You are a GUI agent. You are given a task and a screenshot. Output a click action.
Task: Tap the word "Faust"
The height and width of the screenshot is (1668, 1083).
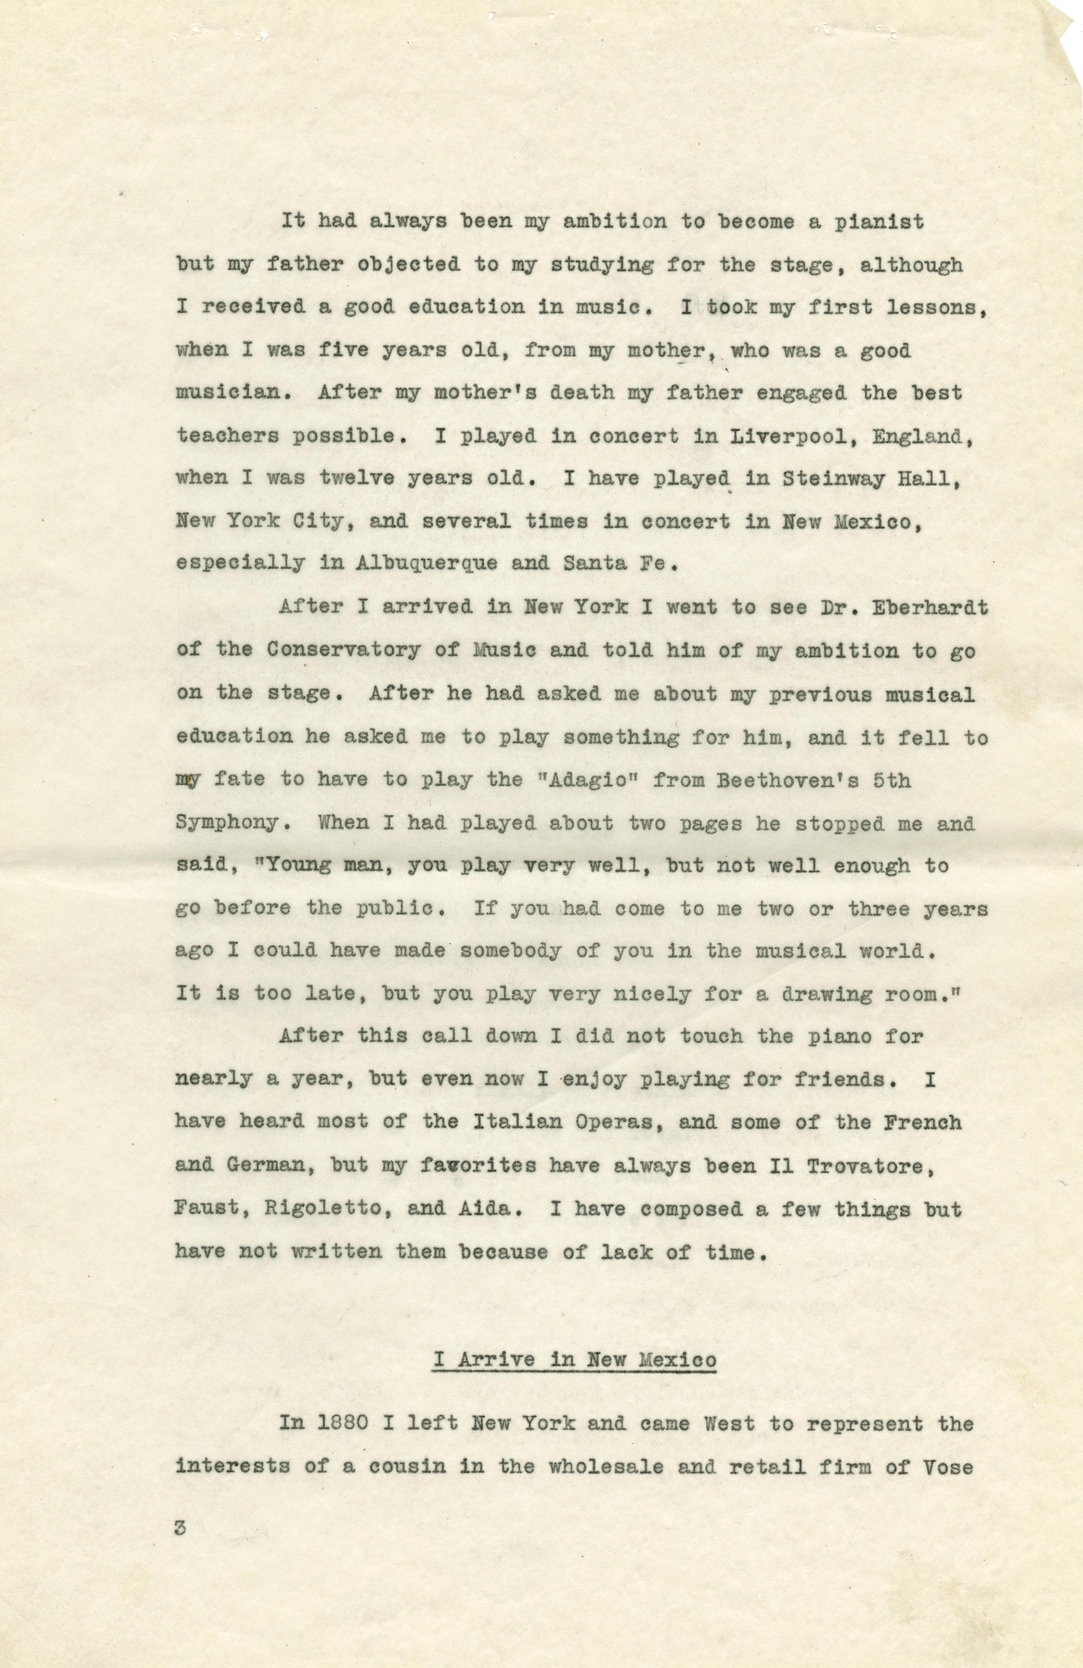(x=198, y=1208)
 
